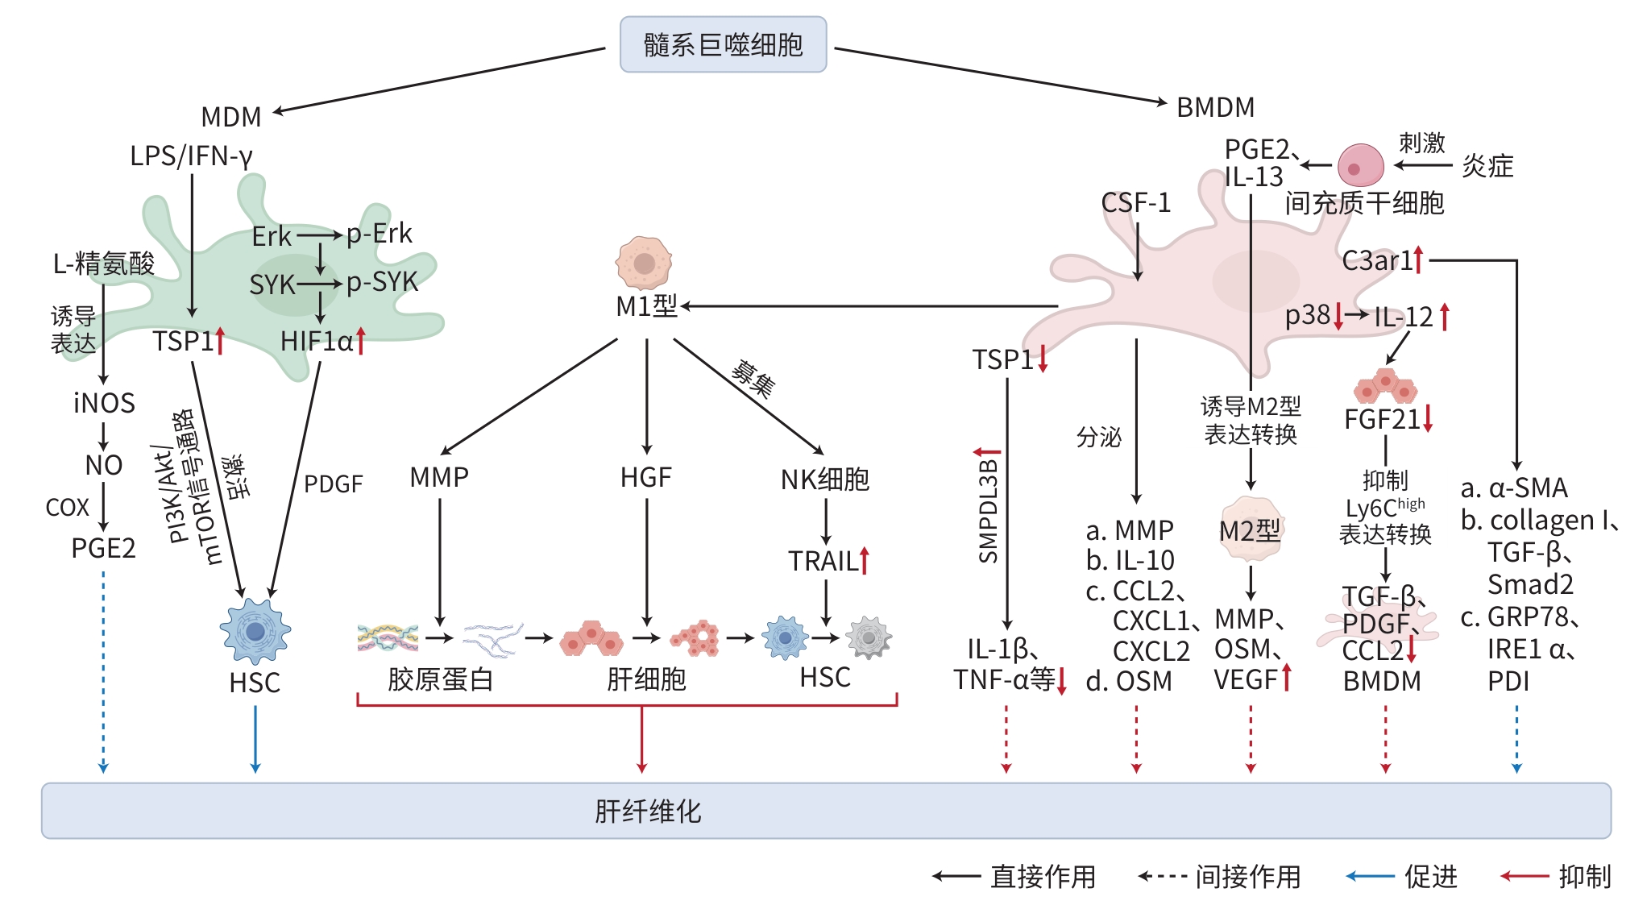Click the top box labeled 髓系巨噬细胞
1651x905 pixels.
[723, 44]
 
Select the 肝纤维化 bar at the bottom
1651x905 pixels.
[825, 811]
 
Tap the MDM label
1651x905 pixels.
[231, 117]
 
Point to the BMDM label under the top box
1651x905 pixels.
[1215, 107]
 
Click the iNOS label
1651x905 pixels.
[104, 403]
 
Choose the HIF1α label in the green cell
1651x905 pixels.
[317, 342]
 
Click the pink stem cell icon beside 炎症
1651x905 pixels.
[1360, 166]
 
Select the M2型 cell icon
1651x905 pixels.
[1251, 529]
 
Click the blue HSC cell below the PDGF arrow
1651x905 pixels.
[255, 631]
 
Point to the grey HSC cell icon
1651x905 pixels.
[869, 637]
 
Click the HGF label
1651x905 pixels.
[645, 478]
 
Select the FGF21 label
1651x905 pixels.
[1381, 420]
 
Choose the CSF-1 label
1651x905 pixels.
[1135, 203]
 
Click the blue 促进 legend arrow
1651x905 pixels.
[1370, 876]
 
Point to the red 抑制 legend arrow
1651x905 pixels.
[1524, 876]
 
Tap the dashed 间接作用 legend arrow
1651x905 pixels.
[1162, 876]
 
